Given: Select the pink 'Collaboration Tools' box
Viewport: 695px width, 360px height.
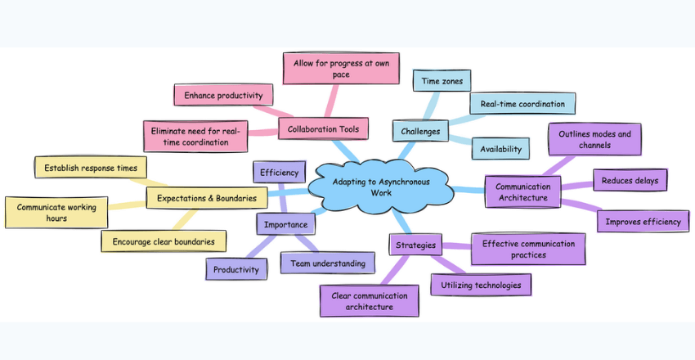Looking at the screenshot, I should [x=323, y=129].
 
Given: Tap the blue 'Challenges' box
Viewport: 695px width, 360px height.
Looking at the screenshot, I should [x=420, y=131].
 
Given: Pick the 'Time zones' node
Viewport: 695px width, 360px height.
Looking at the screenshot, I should [x=442, y=81].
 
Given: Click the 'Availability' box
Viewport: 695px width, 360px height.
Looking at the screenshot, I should [x=500, y=149].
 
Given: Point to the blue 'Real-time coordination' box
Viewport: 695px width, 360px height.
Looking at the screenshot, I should [x=522, y=104].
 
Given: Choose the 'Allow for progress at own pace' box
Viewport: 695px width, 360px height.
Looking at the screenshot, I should [x=329, y=68].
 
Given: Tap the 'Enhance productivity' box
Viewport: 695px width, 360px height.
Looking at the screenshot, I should [x=222, y=96].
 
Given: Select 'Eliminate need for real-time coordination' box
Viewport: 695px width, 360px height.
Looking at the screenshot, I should [x=195, y=136].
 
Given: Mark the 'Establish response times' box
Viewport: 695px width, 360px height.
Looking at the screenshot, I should [x=91, y=169].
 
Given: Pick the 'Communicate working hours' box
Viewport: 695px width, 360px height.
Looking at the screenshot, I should [x=56, y=213].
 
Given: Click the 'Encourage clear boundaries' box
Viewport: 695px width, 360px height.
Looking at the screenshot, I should [x=164, y=241].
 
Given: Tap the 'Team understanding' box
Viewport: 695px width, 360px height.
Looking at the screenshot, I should [x=328, y=263].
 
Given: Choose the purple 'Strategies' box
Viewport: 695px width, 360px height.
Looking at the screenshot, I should [x=415, y=245].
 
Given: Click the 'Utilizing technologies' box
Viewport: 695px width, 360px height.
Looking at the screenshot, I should [x=481, y=285].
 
